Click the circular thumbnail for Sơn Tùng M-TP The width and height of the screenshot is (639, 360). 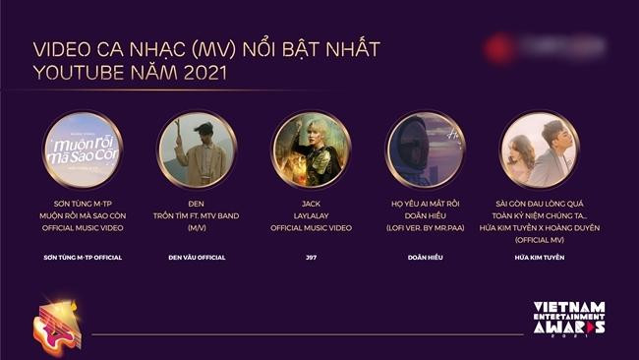coord(84,150)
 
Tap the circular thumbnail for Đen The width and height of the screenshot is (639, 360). coord(198,150)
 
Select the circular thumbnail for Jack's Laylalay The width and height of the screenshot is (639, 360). coord(311,150)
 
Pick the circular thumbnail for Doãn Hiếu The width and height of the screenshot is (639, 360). coord(425,150)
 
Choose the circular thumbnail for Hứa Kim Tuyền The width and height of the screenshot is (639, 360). coord(539,150)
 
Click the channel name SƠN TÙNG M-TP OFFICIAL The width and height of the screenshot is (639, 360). coord(84,258)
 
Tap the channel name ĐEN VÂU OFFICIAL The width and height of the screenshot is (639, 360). coord(198,258)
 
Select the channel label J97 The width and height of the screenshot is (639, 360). coord(311,258)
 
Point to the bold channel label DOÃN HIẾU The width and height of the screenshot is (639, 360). coord(425,258)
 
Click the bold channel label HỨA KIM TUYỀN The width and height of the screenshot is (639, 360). coord(539,258)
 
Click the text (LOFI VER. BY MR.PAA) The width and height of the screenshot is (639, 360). coord(425,227)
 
